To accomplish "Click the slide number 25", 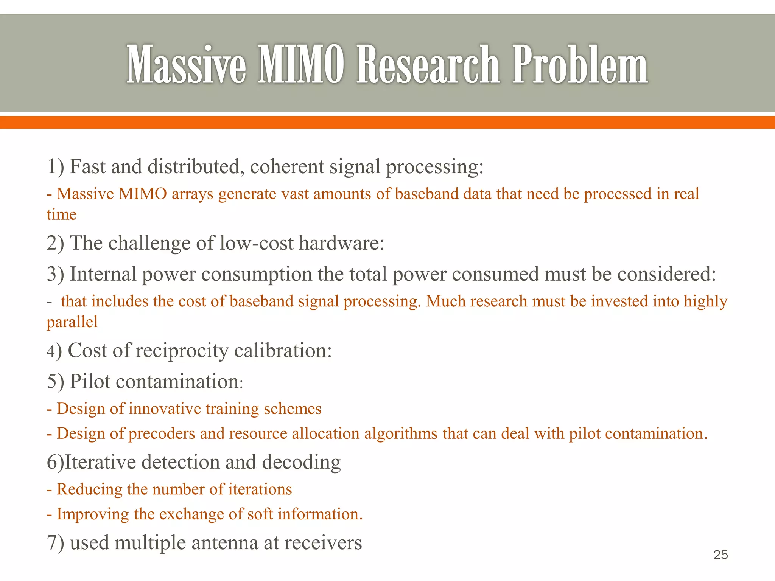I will pyautogui.click(x=721, y=555).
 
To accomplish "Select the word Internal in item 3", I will pyautogui.click(x=103, y=274).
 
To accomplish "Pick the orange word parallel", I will pyautogui.click(x=72, y=322).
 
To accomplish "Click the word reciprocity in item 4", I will pyautogui.click(x=182, y=351).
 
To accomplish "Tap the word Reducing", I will pyautogui.click(x=89, y=489).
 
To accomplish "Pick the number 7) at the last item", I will pyautogui.click(x=56, y=543).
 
